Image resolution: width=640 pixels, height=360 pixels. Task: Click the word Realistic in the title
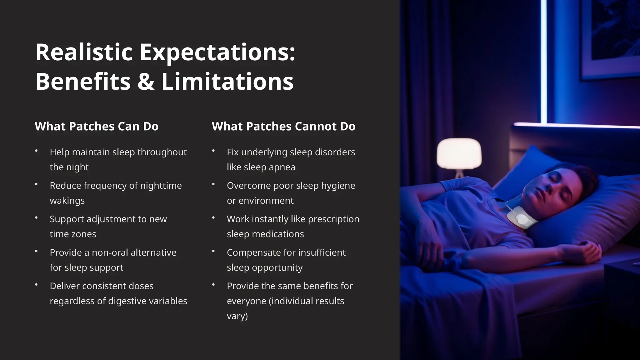tap(84, 52)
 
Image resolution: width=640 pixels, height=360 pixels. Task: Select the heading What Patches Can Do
tap(97, 126)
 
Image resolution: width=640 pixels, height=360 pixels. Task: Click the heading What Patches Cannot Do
tap(283, 126)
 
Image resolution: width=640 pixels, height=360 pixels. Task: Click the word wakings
tap(67, 201)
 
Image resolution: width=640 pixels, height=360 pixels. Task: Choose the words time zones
tap(73, 234)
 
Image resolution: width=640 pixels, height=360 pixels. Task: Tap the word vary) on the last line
tap(237, 316)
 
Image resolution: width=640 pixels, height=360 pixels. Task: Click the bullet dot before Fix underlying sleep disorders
tap(213, 151)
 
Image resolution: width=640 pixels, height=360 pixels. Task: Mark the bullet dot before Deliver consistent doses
tap(36, 285)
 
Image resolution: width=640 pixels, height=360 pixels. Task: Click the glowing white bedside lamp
tap(459, 154)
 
